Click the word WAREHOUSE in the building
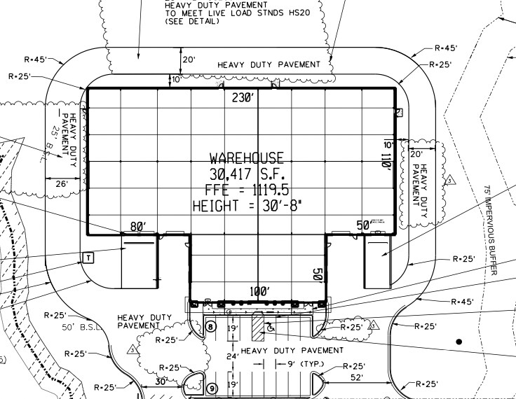[x=247, y=158]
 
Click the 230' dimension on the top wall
[x=243, y=98]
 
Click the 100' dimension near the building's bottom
[x=258, y=290]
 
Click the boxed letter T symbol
[x=88, y=257]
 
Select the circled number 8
[x=211, y=326]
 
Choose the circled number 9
[x=211, y=388]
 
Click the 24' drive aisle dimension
[x=232, y=356]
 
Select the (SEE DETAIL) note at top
[x=191, y=22]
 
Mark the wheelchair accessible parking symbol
[x=271, y=326]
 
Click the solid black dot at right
[x=459, y=342]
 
